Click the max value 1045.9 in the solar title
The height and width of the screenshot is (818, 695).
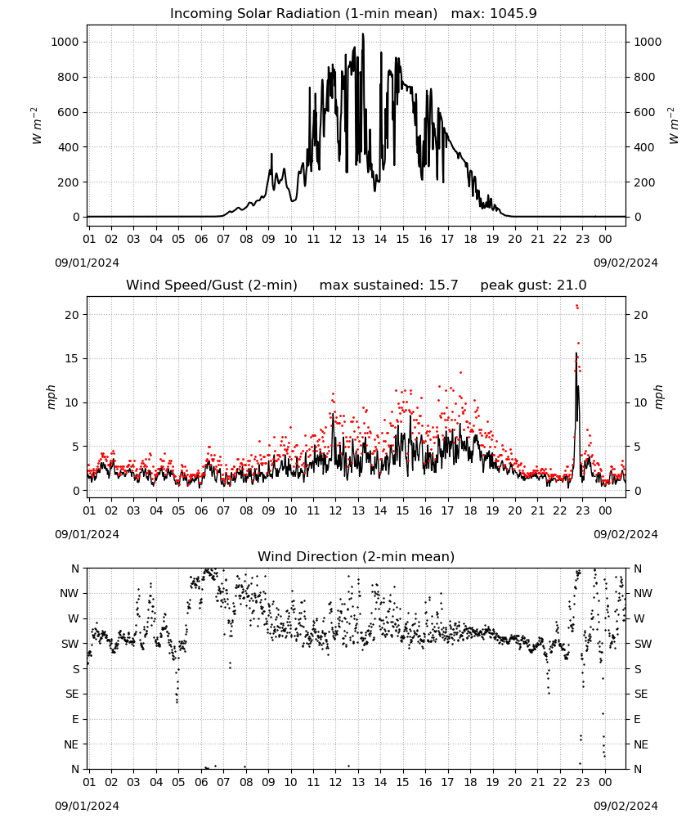tap(513, 13)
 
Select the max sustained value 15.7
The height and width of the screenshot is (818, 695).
tap(443, 285)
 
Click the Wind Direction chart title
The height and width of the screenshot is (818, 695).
tap(356, 556)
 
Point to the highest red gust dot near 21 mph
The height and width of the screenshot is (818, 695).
tap(576, 306)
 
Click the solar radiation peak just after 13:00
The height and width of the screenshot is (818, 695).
tap(363, 34)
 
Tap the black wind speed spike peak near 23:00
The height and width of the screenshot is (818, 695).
tap(576, 353)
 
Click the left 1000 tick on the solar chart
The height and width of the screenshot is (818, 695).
tap(65, 42)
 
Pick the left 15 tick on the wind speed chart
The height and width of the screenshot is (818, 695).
tap(72, 358)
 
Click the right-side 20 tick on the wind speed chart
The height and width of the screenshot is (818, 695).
tap(640, 315)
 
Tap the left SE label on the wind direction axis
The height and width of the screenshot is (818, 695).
tap(72, 694)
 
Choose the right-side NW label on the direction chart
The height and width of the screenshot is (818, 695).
tap(643, 593)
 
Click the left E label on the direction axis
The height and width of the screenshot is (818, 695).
tap(75, 719)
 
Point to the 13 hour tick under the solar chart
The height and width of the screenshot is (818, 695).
tap(357, 239)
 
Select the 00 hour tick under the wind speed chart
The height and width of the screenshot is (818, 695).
tap(605, 510)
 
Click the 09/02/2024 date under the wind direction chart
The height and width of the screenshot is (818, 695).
tap(625, 806)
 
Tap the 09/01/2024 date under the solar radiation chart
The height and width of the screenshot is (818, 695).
tap(87, 263)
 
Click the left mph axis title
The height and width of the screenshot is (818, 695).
tap(51, 397)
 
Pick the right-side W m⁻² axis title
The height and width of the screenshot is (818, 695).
tap(674, 126)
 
